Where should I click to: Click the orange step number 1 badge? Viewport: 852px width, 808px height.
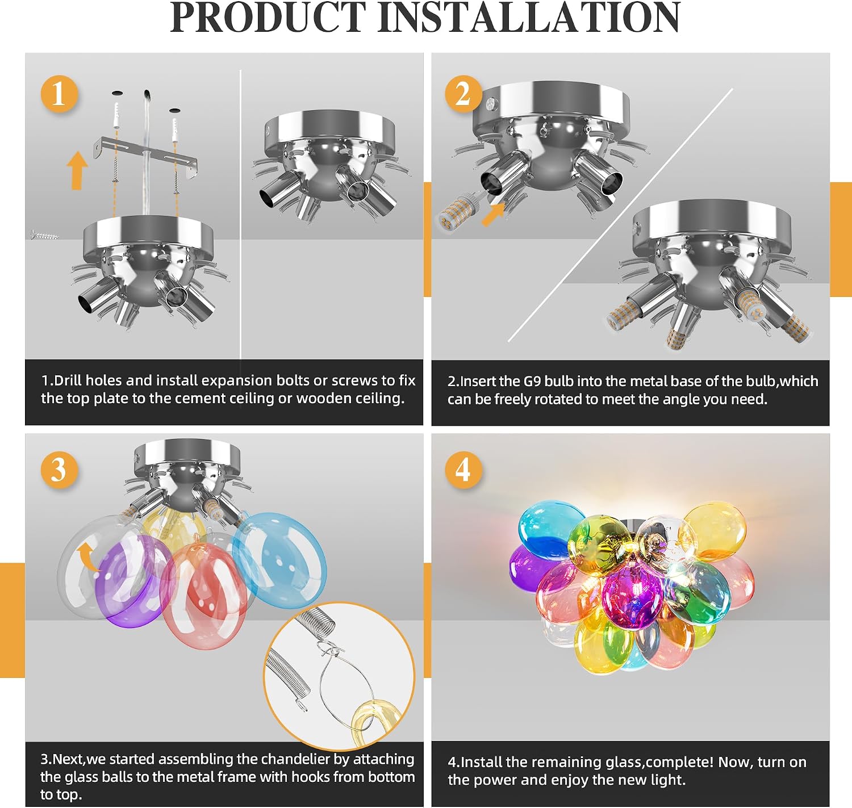tap(60, 94)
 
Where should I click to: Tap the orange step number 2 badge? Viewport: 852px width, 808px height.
tap(463, 94)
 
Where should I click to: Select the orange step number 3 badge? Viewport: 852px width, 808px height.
tap(60, 470)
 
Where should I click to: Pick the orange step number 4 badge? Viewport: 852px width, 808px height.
tap(463, 470)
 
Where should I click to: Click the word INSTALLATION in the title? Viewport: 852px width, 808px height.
tap(529, 18)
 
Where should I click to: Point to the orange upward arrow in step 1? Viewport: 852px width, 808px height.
tap(77, 170)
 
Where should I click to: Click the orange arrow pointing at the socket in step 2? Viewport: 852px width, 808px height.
tap(493, 214)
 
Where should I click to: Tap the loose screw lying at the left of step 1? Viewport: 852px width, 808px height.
tap(45, 235)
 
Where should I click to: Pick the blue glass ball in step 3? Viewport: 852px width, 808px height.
tap(279, 560)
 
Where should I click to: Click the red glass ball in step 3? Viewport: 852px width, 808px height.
tap(204, 596)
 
